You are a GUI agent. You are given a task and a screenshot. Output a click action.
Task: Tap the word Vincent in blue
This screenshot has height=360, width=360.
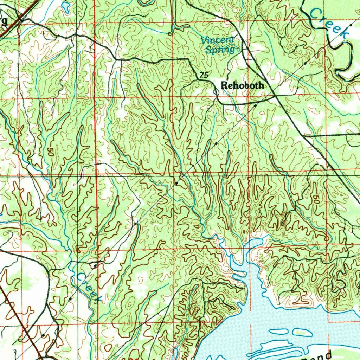pos(217,40)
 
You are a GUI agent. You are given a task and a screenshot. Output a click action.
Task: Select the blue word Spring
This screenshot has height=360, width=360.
pos(220,50)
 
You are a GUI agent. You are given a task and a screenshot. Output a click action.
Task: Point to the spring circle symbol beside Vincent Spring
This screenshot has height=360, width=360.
pos(238,50)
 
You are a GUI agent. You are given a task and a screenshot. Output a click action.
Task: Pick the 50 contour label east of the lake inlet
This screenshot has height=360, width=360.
pos(316,200)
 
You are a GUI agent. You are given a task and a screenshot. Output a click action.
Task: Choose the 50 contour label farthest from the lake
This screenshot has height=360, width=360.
pos(50,153)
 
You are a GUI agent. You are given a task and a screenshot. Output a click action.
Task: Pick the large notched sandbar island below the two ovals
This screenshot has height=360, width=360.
pos(278,348)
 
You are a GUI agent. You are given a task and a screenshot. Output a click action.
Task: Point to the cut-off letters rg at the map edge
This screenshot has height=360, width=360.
pos(4,20)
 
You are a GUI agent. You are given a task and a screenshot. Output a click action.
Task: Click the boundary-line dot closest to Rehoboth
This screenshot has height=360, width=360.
pos(255,105)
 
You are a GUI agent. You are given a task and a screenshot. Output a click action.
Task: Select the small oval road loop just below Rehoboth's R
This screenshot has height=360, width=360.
pos(216,92)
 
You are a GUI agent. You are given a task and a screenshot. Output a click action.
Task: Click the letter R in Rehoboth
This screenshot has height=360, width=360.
pos(224,85)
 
